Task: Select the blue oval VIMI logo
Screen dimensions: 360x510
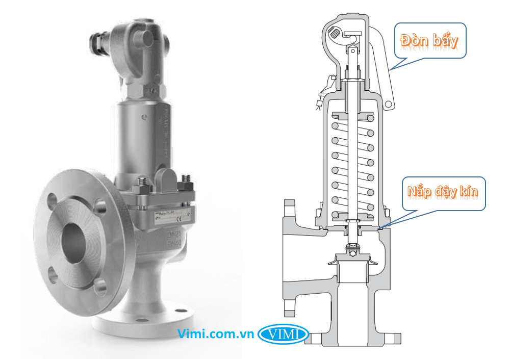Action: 284,334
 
